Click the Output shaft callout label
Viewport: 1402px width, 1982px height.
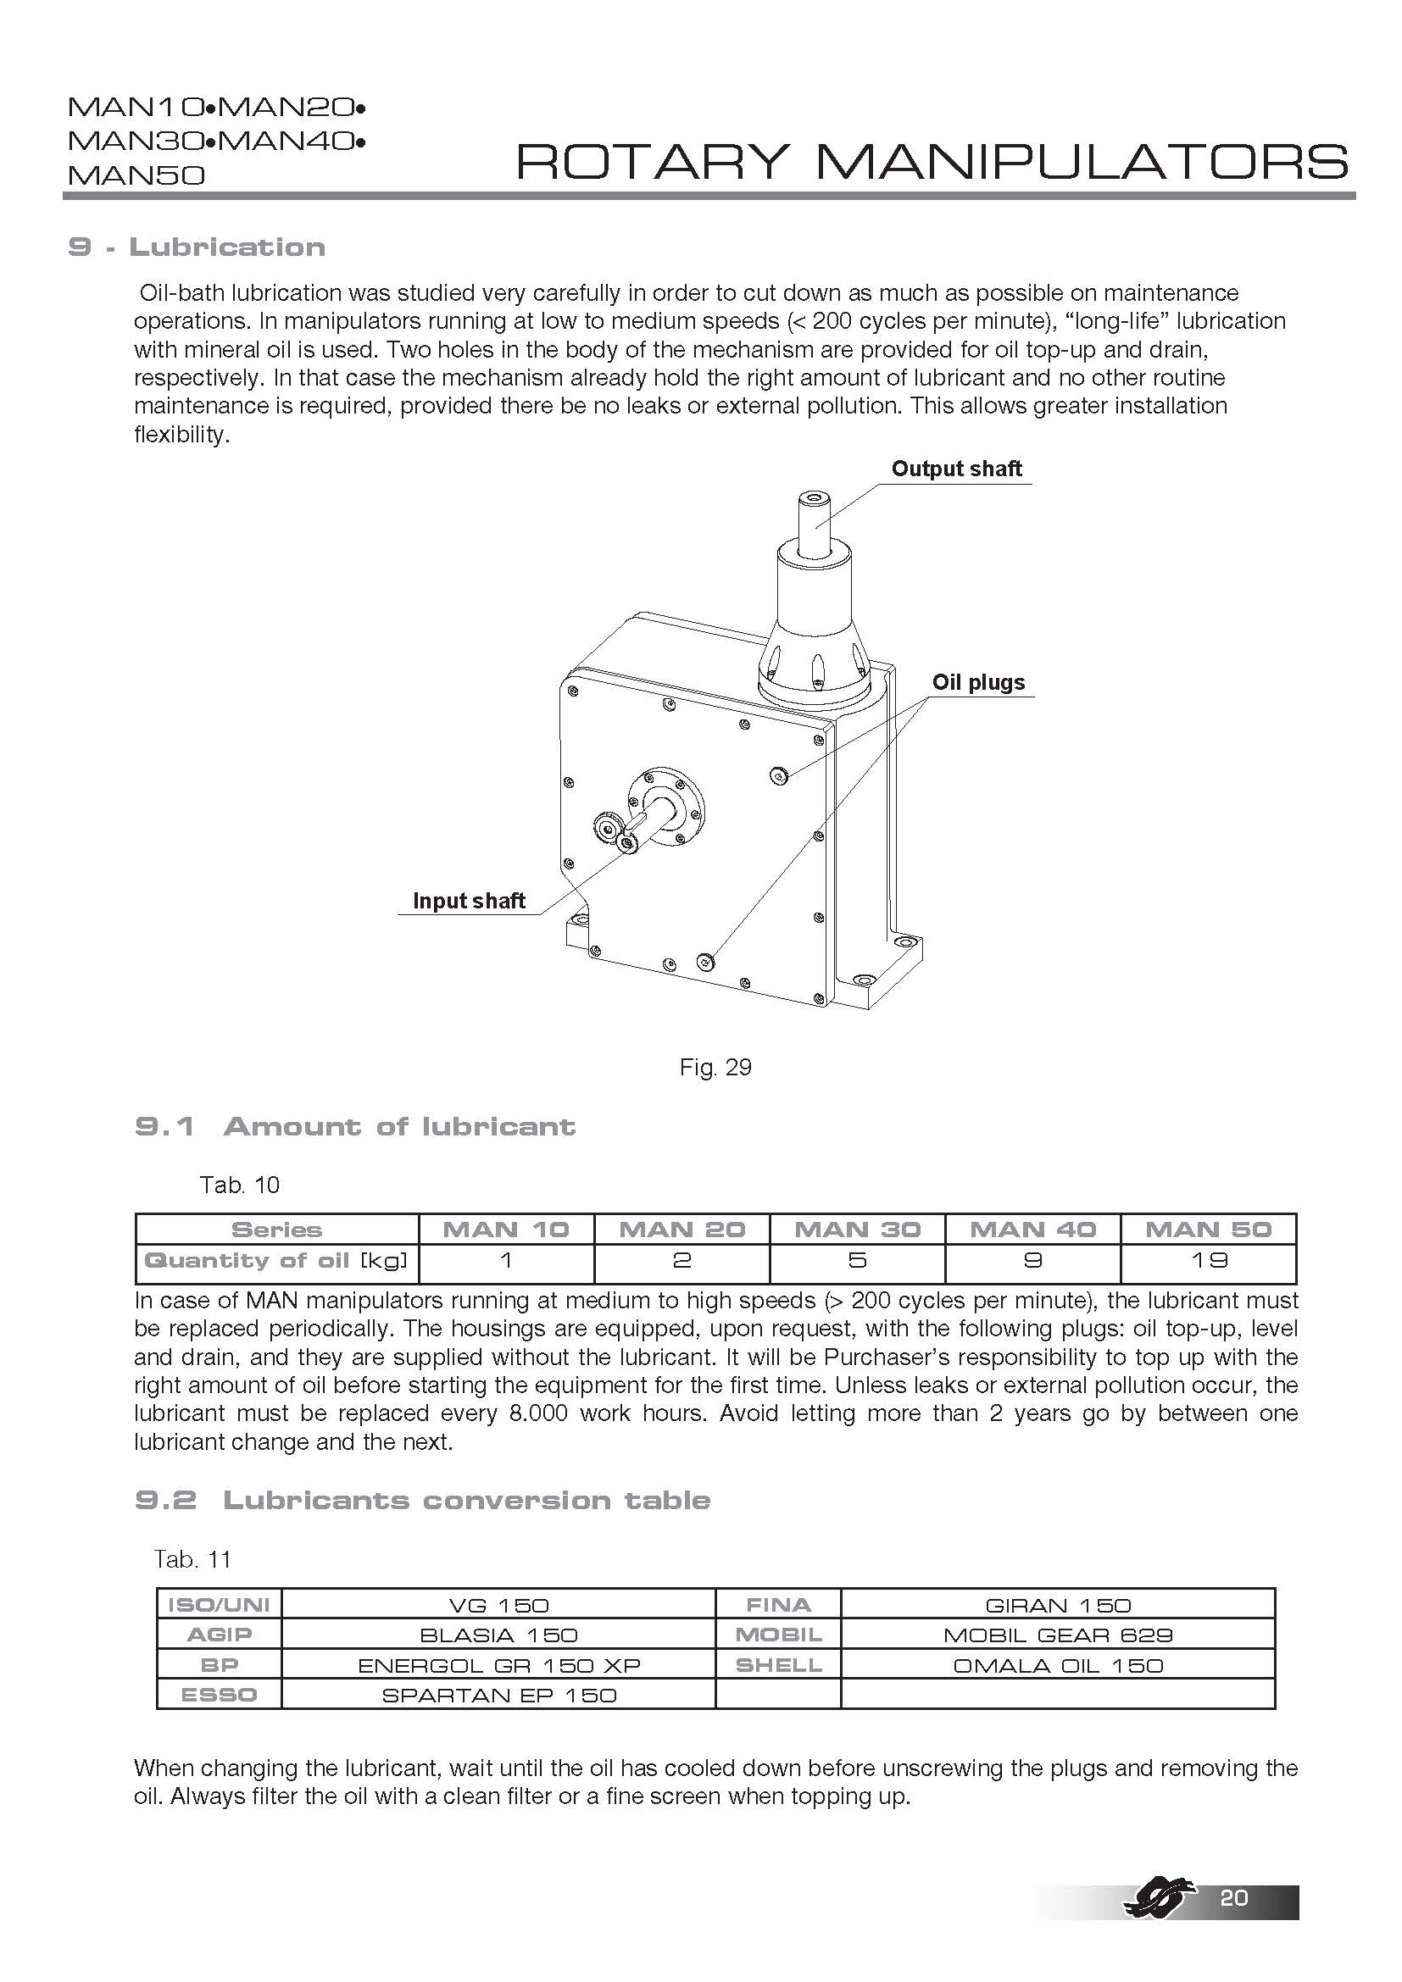coord(956,469)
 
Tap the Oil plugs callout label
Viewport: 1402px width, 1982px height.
coord(978,682)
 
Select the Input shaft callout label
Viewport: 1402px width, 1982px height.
coord(469,901)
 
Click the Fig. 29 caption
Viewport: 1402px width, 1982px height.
coord(715,1067)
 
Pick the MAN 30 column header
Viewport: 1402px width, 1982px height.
coord(857,1230)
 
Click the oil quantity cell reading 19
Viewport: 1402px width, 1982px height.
coord(1209,1260)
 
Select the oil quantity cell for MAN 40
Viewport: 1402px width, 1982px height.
coord(1032,1260)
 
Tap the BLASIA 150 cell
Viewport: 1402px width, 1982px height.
coord(498,1635)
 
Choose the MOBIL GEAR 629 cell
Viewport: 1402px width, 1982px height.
coord(1058,1635)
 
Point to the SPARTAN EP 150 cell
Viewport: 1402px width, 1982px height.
coord(498,1696)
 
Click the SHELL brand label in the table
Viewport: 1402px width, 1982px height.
coord(779,1665)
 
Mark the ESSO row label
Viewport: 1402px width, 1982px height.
coord(220,1696)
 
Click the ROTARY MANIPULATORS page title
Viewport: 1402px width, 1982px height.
coord(932,162)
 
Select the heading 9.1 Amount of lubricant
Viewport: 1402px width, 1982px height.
coord(355,1126)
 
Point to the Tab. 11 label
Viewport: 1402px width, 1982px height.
coord(192,1559)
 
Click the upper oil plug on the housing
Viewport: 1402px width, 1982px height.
coord(780,776)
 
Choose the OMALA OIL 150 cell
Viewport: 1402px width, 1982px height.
coord(1058,1665)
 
